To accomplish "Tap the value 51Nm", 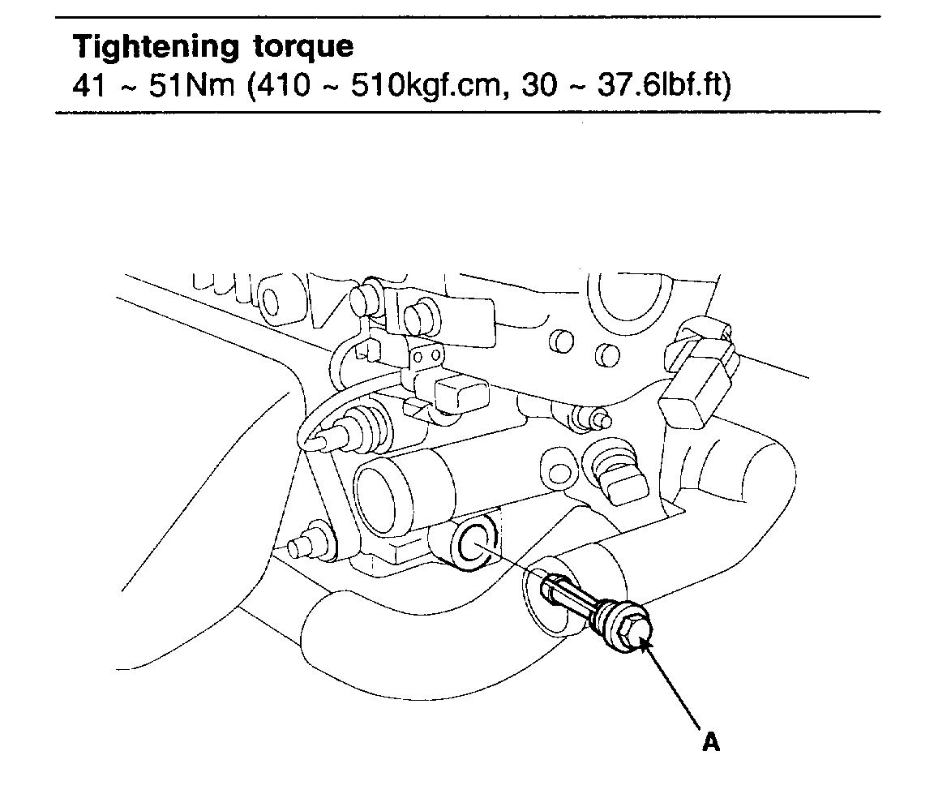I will pos(178,86).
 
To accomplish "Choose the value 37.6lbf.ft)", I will pos(665,86).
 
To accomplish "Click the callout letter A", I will pos(710,741).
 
